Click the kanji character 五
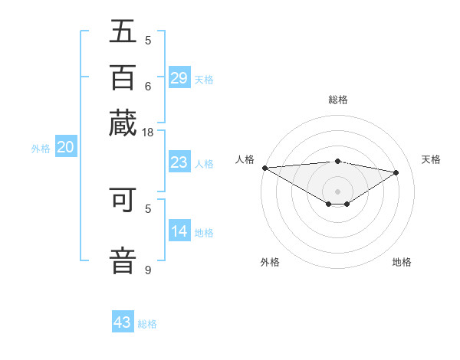click(123, 32)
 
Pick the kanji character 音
click(123, 259)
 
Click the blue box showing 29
click(179, 77)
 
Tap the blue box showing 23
click(179, 162)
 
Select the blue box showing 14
click(179, 231)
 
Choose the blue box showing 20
click(65, 148)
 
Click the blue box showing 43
click(123, 322)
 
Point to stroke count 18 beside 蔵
click(148, 133)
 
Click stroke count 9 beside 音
click(148, 270)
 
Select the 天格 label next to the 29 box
click(204, 79)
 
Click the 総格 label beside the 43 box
click(147, 324)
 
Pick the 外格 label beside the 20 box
click(41, 149)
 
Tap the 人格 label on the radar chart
click(245, 159)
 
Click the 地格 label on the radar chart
click(402, 262)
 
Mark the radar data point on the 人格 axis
click(264, 168)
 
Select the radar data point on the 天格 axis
click(396, 172)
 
